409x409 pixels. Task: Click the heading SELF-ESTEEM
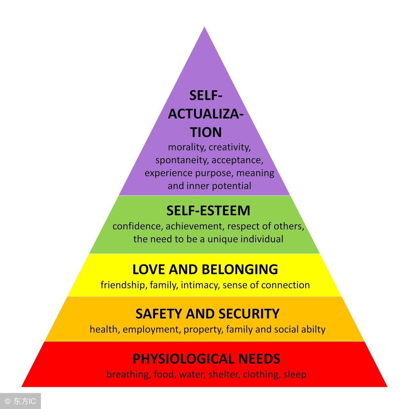(x=208, y=211)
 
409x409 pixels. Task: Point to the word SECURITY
(x=249, y=314)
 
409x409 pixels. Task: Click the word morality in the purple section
(x=186, y=148)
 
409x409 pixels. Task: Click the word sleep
(x=295, y=374)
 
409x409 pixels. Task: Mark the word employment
(x=151, y=329)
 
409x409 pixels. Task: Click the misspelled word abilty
(x=313, y=329)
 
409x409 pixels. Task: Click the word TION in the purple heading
(x=206, y=132)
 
